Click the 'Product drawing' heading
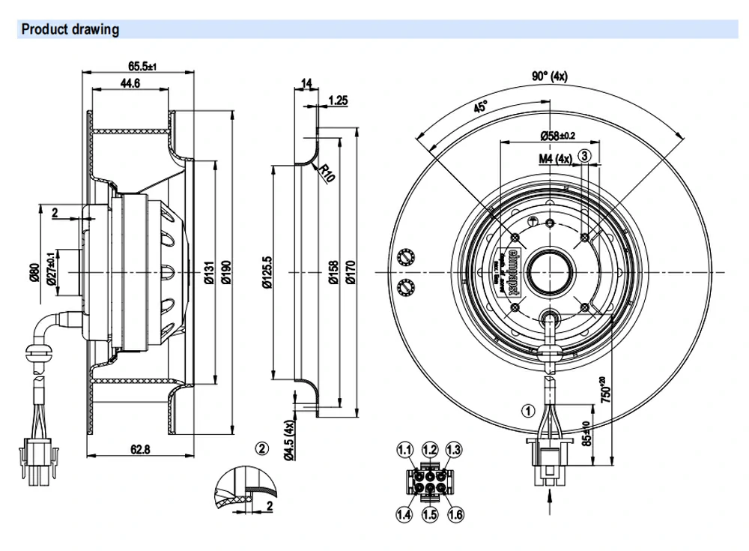(x=70, y=30)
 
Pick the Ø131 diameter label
(x=209, y=277)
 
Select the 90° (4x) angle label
(x=550, y=76)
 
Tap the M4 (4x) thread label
(x=555, y=158)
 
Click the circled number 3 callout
(x=586, y=154)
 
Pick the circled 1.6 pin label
(x=453, y=514)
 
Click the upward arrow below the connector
(x=551, y=497)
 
